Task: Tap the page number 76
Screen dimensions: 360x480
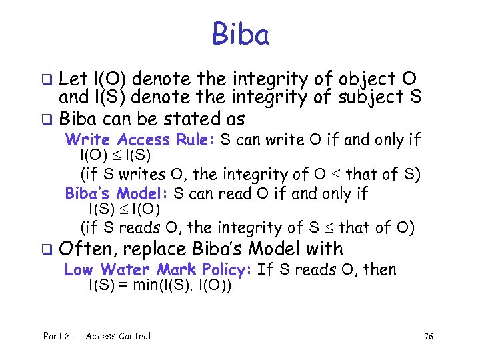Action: pyautogui.click(x=429, y=337)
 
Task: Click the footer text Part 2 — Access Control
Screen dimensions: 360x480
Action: pyautogui.click(x=97, y=336)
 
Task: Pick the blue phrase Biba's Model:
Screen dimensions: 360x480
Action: pyautogui.click(x=117, y=194)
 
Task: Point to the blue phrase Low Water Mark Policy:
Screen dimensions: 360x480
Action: pyautogui.click(x=157, y=270)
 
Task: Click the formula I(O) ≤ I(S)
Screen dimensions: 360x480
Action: pyautogui.click(x=115, y=156)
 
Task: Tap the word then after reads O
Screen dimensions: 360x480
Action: pyautogui.click(x=378, y=270)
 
